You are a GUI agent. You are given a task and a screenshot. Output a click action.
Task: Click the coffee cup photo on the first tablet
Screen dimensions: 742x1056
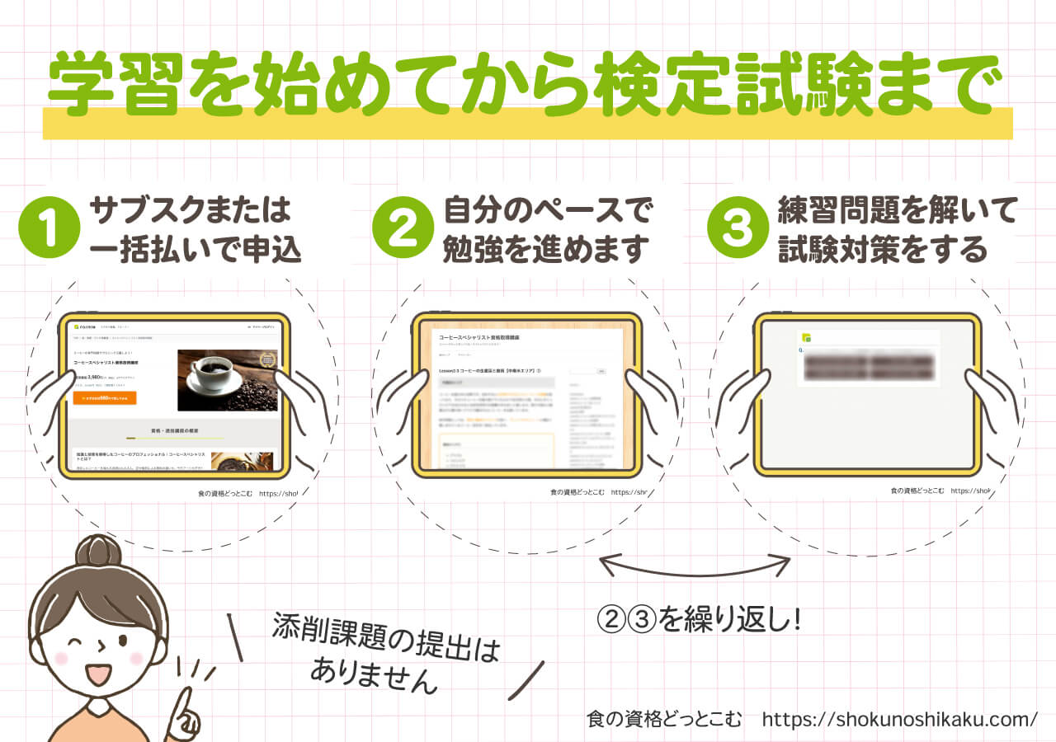[228, 379]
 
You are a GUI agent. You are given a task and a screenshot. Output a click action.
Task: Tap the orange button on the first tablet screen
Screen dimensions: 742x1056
[105, 397]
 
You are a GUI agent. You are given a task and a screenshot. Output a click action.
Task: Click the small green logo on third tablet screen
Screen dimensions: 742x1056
[807, 338]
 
